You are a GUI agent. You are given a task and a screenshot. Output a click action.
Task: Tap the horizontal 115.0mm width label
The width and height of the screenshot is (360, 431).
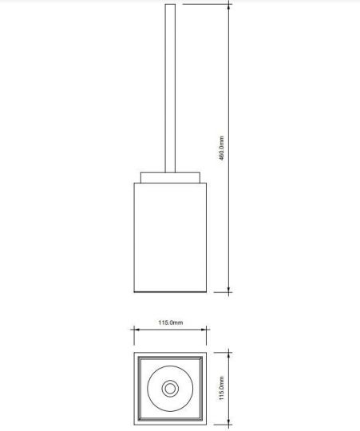click(171, 322)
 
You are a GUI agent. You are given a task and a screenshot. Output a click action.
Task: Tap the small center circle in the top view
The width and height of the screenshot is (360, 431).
click(170, 388)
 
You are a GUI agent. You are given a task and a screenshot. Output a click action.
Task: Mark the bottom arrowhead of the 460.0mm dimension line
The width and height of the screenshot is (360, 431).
click(229, 291)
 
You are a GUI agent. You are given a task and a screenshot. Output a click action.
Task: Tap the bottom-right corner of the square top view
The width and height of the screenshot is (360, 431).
click(207, 425)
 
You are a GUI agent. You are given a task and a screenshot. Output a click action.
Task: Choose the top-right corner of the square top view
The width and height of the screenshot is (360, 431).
click(207, 351)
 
